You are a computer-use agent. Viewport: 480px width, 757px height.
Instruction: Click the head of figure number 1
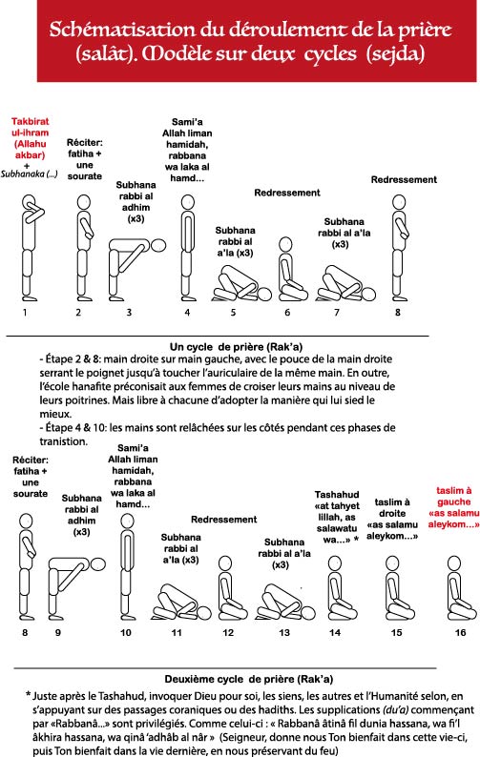[29, 201]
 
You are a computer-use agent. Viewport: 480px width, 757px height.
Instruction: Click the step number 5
[233, 313]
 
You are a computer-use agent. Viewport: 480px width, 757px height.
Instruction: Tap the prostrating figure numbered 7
[346, 284]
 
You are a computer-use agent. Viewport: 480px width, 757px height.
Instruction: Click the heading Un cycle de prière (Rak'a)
[236, 347]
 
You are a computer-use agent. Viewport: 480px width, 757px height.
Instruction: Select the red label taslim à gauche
[453, 507]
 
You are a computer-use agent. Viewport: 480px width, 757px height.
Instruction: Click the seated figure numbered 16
[459, 588]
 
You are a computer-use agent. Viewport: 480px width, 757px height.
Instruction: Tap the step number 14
[335, 632]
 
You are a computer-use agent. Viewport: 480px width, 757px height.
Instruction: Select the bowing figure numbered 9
[76, 588]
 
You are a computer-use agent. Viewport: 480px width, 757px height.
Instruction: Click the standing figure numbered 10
[127, 566]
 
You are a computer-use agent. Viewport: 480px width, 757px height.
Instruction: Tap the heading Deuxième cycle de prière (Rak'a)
[248, 679]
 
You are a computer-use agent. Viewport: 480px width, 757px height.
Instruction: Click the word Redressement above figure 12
[224, 520]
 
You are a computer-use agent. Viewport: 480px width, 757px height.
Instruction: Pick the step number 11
[177, 632]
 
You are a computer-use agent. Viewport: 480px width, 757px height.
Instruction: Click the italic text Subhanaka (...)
[29, 174]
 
